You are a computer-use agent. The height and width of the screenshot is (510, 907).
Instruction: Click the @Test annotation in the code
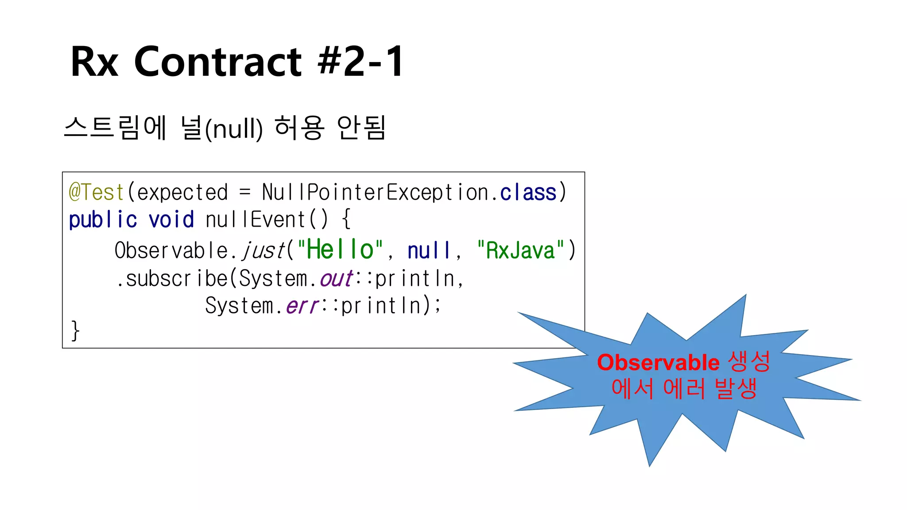tap(96, 193)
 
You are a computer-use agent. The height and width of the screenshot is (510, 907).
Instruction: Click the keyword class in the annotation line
tap(528, 193)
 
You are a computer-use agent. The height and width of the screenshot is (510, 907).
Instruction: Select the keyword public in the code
tap(103, 220)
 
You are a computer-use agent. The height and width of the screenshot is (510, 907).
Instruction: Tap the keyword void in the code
tap(171, 220)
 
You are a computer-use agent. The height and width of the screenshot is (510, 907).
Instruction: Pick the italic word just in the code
tap(264, 251)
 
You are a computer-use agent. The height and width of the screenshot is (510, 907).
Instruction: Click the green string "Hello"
tap(340, 250)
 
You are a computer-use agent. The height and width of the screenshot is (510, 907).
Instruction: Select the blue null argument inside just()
tap(428, 251)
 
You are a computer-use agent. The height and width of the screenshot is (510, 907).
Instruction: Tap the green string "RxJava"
tap(520, 251)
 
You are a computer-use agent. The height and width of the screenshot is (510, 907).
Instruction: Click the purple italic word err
tap(302, 306)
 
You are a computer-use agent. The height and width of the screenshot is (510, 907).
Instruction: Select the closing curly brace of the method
tap(75, 331)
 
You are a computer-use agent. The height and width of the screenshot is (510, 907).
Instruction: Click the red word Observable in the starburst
tap(658, 363)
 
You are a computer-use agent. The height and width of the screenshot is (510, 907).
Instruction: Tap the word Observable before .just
tap(171, 251)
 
